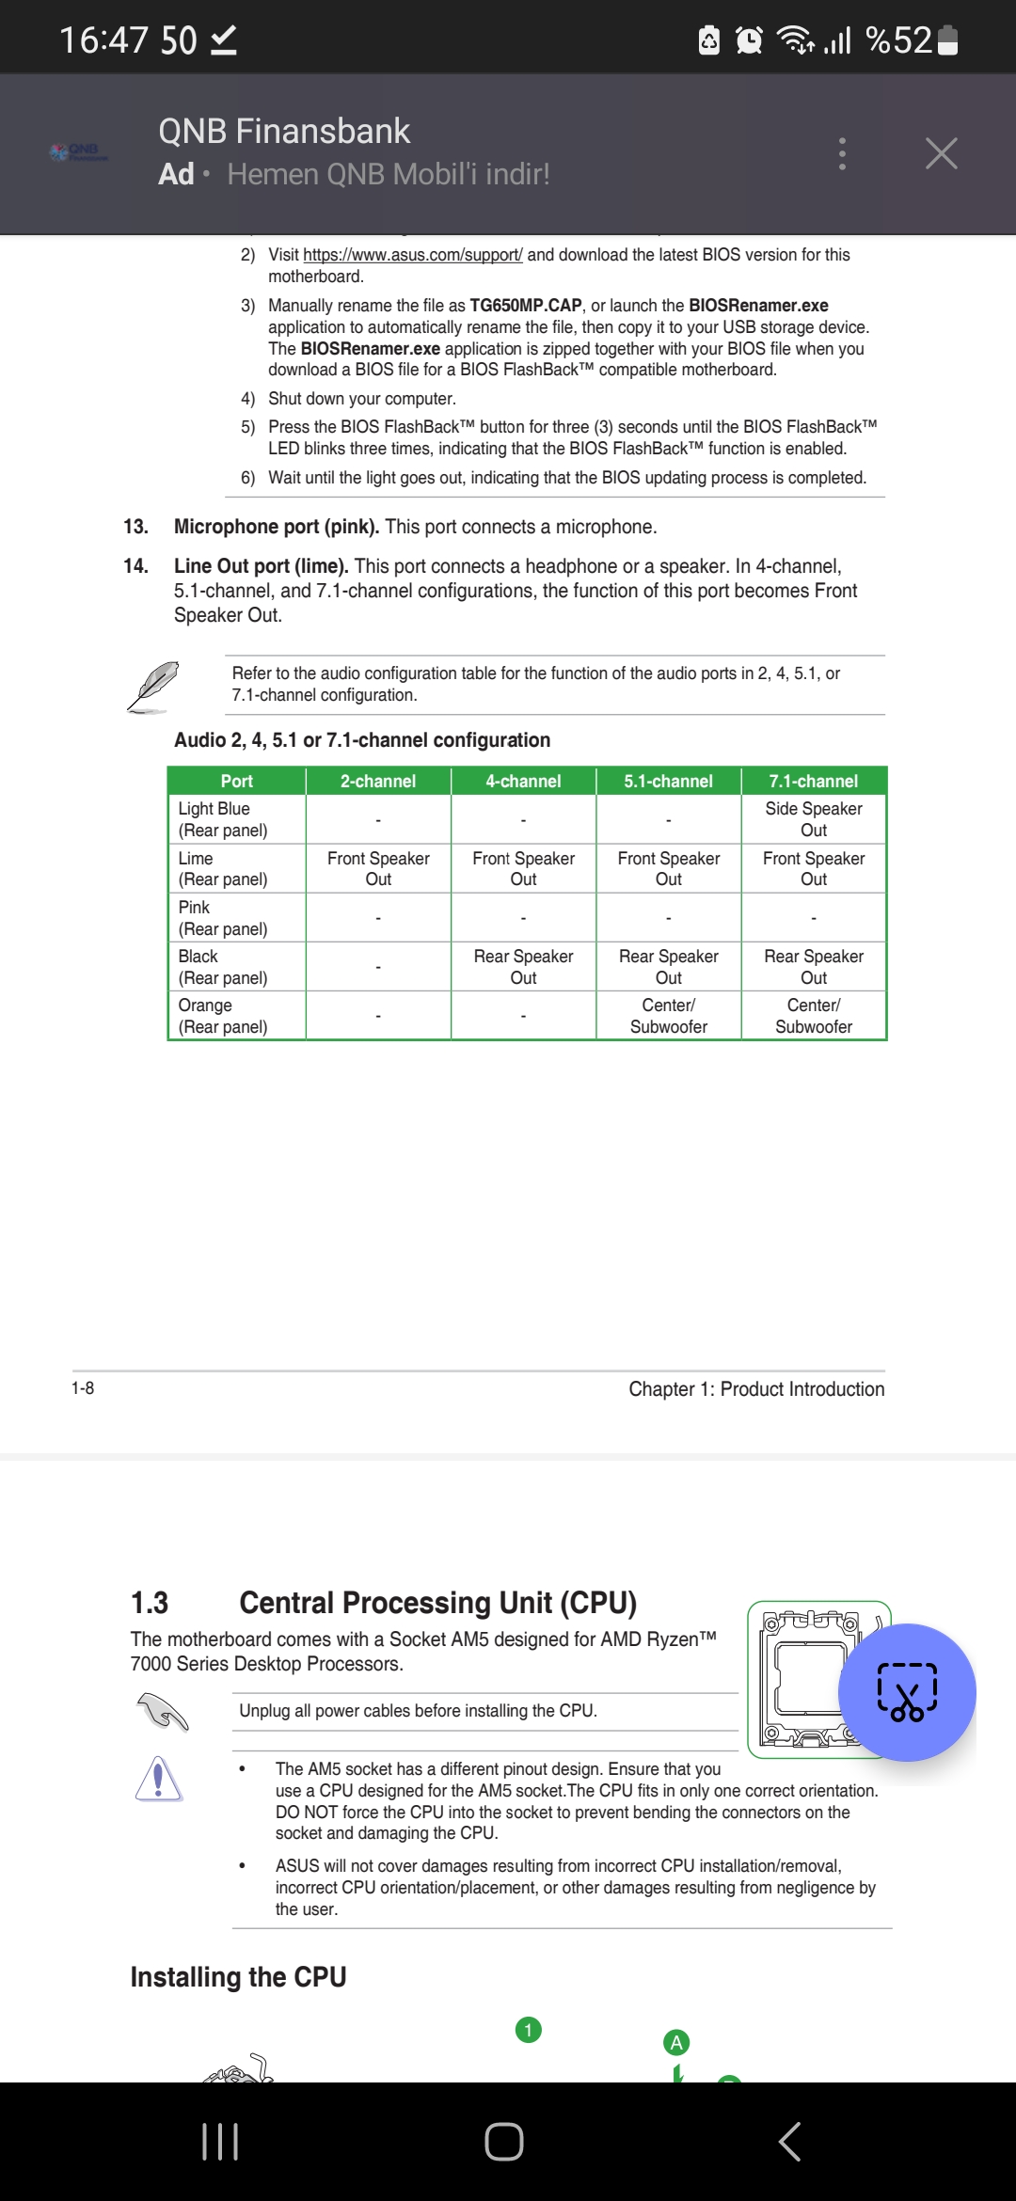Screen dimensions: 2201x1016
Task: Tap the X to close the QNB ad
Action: coord(941,153)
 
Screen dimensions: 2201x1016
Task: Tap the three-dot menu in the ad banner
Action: coord(842,153)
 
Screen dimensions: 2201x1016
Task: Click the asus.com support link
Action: coord(412,255)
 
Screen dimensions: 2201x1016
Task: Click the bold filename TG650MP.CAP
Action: coord(526,306)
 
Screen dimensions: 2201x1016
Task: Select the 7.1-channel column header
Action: coord(814,782)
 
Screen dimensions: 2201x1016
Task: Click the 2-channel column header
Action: coord(378,782)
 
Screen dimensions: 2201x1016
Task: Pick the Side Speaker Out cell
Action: coord(814,819)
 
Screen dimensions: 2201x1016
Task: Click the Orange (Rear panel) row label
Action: coord(223,1016)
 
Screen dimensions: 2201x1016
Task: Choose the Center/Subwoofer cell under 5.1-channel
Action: coord(668,1016)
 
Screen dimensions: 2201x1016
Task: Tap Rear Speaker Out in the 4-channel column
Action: coord(523,967)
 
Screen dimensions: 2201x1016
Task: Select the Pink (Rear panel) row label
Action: coord(223,918)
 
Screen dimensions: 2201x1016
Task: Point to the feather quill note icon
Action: coord(153,686)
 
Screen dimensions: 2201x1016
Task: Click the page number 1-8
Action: coord(83,1388)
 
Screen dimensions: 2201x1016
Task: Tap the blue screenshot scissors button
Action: coord(907,1692)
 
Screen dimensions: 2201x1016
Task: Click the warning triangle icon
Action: coord(158,1779)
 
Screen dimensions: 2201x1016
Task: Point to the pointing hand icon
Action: coord(163,1711)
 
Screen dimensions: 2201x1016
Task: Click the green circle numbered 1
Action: coord(529,2030)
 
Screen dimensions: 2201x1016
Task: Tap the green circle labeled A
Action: coord(676,2042)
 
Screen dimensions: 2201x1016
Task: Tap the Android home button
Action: coord(504,2142)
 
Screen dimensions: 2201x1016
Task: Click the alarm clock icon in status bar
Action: coord(749,40)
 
